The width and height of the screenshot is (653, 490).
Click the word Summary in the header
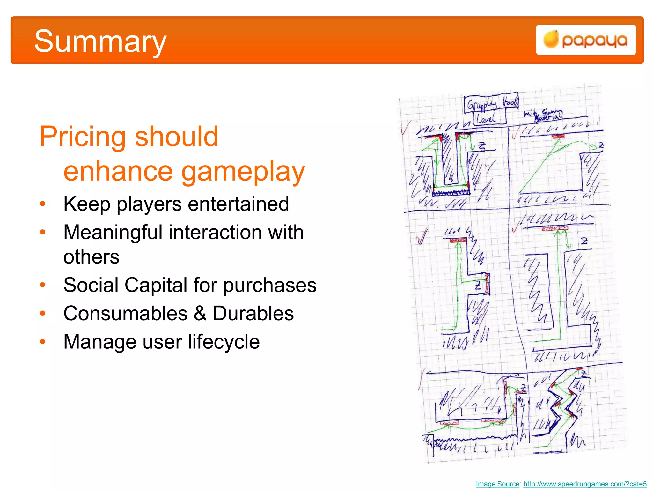point(100,41)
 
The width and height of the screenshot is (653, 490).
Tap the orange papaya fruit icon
point(551,40)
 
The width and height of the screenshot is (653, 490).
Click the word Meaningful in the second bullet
point(113,233)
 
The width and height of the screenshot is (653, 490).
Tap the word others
point(91,257)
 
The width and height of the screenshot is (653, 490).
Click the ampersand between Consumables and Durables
point(200,314)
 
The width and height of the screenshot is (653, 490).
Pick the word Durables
point(253,314)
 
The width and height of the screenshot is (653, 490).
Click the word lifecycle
point(224,342)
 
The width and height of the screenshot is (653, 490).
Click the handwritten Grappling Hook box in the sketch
point(491,103)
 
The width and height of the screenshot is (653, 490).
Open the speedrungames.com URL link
point(585,484)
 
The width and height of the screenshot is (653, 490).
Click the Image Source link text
point(497,484)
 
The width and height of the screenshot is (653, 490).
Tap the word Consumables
point(125,314)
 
